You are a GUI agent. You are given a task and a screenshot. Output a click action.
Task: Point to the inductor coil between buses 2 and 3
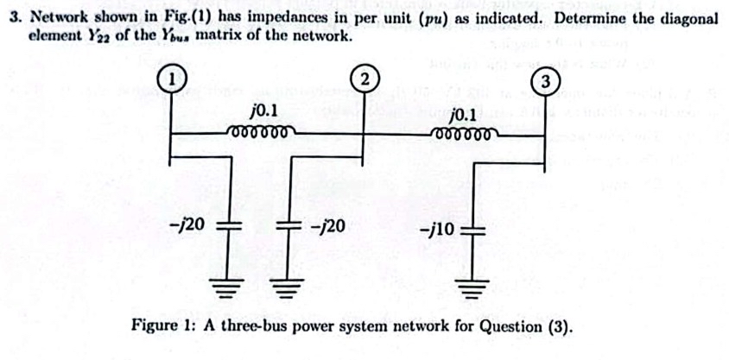pos(464,136)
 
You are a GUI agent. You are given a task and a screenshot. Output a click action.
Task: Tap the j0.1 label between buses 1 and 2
pos(262,111)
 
